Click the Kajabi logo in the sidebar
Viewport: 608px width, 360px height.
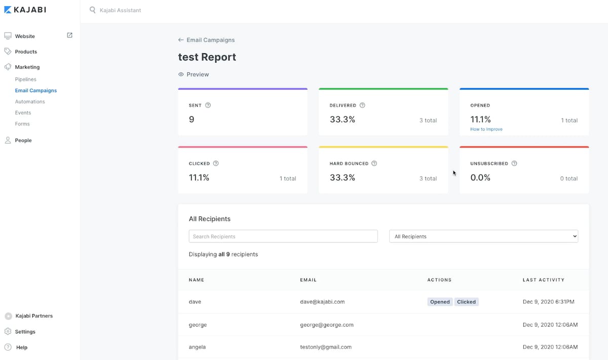coord(25,10)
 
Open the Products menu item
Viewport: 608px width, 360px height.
coord(26,52)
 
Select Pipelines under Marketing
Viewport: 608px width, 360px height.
coord(25,79)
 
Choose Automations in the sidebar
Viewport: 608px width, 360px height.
coord(30,101)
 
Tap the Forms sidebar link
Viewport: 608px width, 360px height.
coord(22,124)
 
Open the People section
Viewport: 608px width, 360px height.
coord(23,140)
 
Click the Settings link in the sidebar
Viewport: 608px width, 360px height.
coord(25,332)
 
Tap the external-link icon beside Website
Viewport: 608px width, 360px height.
coord(69,35)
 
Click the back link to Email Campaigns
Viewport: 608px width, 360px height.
coord(207,40)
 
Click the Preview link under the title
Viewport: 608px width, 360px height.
coord(194,74)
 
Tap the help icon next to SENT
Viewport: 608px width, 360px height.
coord(208,105)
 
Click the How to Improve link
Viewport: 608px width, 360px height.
coord(486,129)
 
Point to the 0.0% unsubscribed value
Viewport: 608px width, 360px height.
coord(480,178)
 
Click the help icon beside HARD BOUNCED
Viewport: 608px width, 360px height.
coord(374,164)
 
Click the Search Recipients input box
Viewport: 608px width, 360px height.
coord(283,236)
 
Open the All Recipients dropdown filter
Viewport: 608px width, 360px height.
coord(483,236)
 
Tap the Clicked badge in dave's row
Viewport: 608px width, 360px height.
coord(466,302)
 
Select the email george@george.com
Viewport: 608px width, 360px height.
coord(327,325)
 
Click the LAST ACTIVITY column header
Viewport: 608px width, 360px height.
coord(543,279)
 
